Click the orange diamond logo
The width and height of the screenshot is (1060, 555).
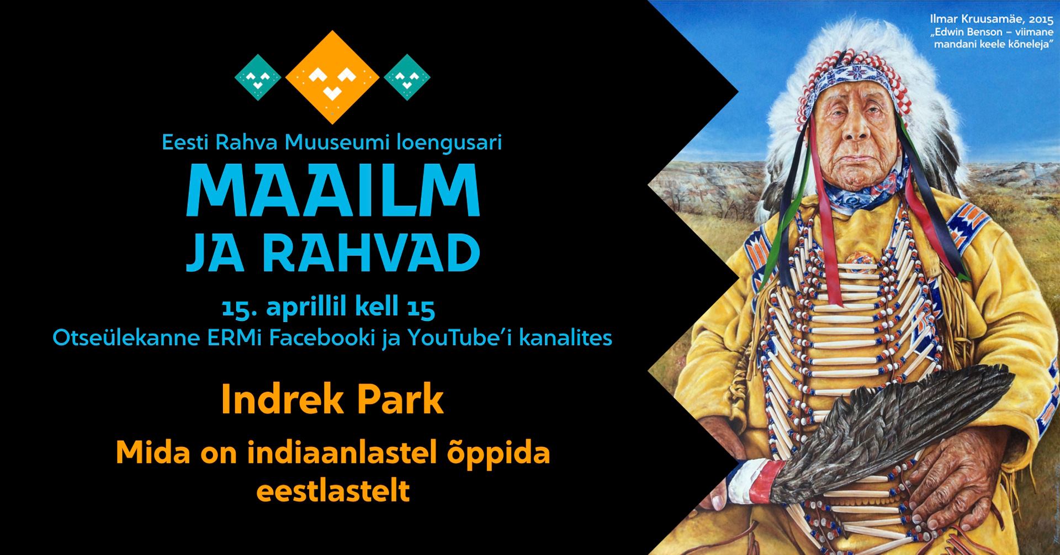332,77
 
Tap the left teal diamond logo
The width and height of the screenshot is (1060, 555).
258,77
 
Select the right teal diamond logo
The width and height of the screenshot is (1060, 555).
407,77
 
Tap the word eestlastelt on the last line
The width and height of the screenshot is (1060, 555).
333,490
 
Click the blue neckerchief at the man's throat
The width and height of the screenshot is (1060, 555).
858,188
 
